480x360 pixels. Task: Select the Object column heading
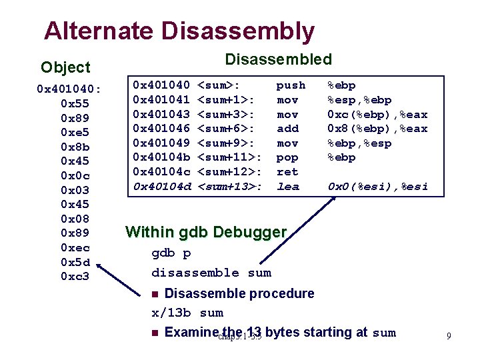coord(65,67)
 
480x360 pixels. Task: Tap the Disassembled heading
coord(278,59)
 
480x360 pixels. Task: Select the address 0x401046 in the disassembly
coord(162,129)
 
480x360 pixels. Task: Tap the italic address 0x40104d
coord(162,187)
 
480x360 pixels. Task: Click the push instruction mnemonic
coord(291,85)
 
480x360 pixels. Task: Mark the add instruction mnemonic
coord(287,129)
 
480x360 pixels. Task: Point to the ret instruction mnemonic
coord(287,172)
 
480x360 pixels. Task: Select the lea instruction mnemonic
coord(287,187)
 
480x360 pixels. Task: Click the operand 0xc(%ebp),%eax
coord(377,114)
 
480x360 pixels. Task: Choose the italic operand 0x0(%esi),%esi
coord(377,187)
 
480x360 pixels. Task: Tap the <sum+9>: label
coord(226,143)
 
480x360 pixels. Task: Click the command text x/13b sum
coord(187,313)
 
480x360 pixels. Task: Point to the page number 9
coord(449,337)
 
